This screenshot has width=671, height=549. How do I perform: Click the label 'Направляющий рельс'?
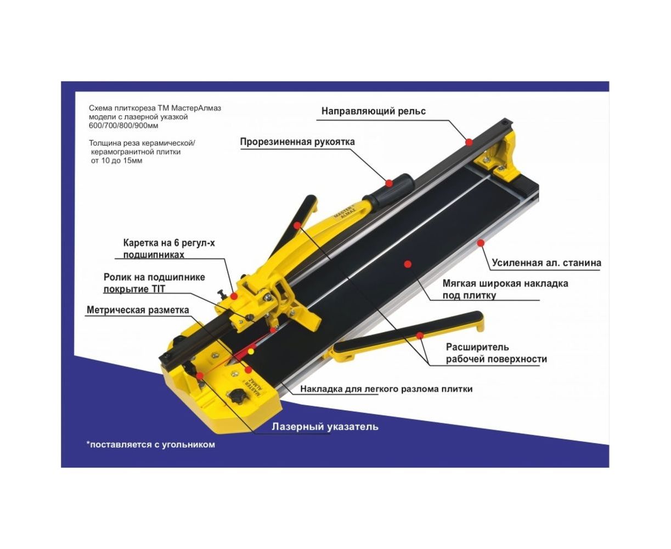(373, 111)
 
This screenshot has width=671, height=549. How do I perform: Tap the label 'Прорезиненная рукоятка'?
(297, 142)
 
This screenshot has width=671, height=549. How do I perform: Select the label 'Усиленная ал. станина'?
(546, 263)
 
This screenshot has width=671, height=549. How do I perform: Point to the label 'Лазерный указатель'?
(325, 427)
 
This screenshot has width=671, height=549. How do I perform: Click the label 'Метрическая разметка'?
(138, 310)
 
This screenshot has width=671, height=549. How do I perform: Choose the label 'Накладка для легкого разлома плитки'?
(386, 389)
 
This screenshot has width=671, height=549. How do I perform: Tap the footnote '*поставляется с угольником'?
(150, 444)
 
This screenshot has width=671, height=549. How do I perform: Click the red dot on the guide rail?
(469, 142)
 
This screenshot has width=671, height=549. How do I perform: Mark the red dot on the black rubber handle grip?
(389, 183)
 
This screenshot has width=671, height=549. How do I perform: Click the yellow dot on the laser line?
(251, 351)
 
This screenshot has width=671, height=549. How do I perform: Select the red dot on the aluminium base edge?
(481, 243)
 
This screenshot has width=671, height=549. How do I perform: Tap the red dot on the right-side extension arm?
(420, 335)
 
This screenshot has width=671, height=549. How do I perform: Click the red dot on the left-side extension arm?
(297, 226)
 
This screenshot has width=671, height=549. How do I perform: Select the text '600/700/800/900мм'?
(123, 126)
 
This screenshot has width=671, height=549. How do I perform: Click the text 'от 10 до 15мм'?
(116, 160)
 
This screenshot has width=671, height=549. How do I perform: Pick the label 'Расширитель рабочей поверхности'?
(496, 353)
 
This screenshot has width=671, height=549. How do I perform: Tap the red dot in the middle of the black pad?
(408, 264)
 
